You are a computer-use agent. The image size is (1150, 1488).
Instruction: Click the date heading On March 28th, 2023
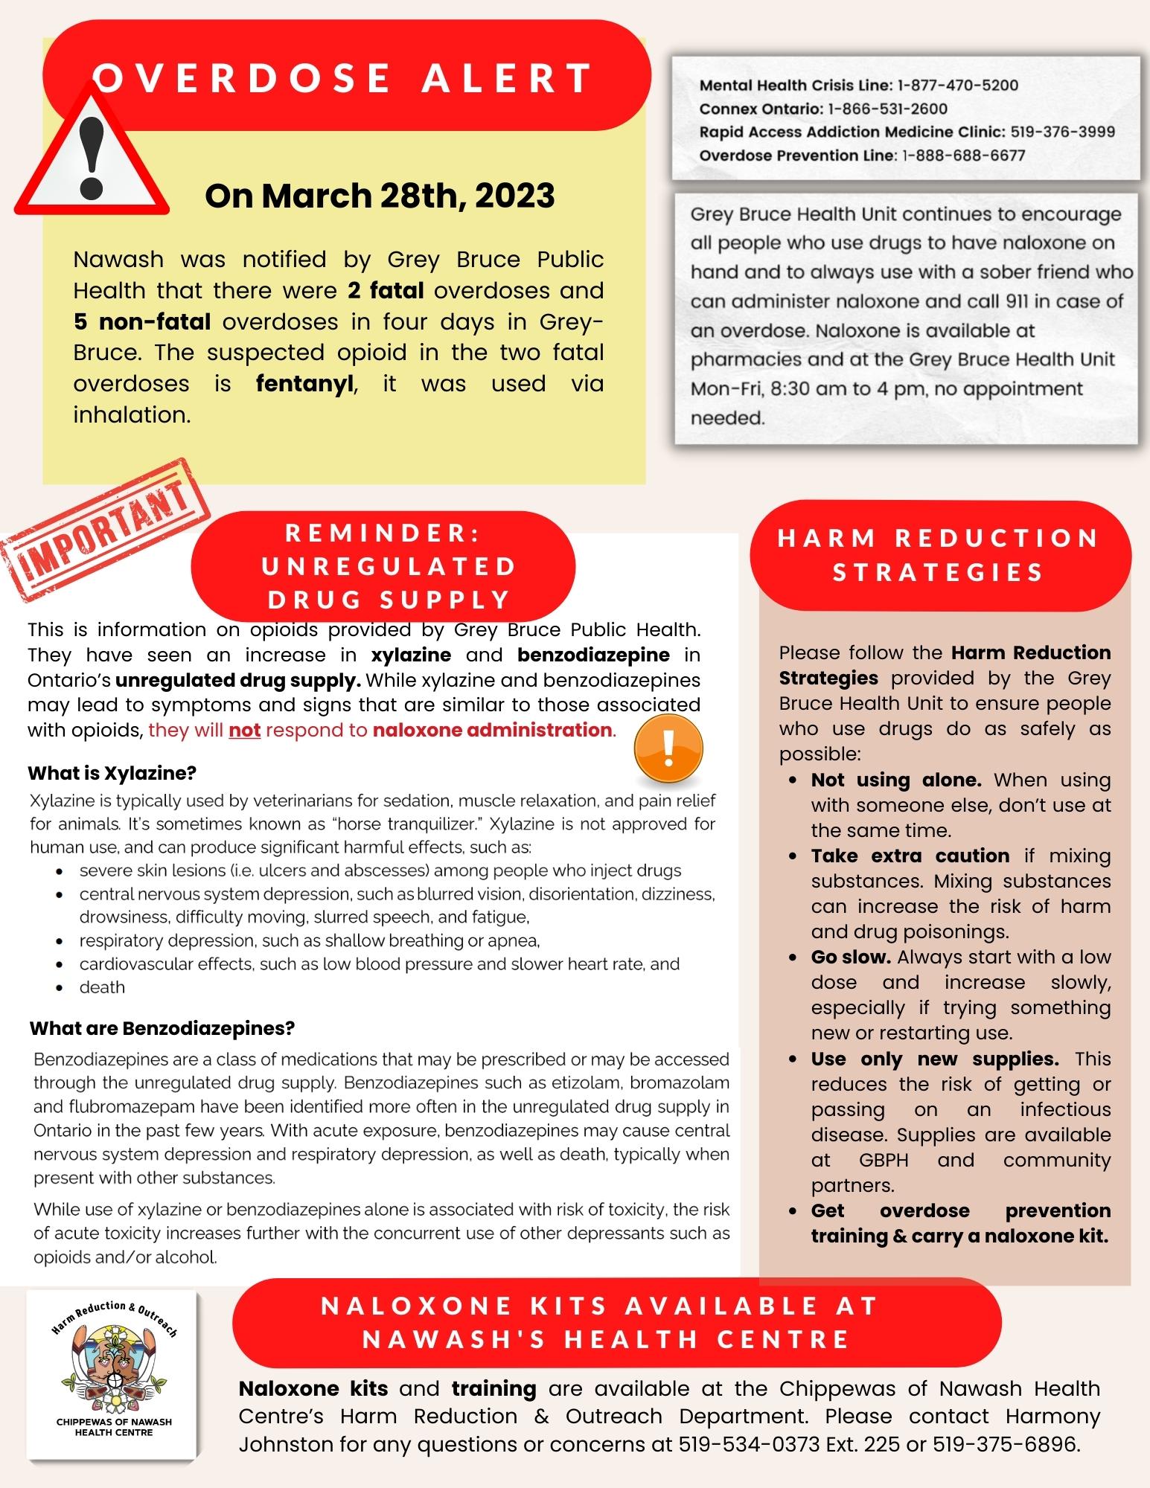[x=380, y=196]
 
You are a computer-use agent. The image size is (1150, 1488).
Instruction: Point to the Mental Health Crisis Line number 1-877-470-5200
[x=957, y=86]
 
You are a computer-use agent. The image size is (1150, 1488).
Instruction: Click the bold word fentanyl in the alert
[x=304, y=384]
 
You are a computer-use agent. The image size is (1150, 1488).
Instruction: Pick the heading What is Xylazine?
[x=112, y=773]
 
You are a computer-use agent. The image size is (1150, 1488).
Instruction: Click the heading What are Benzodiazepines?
[x=162, y=1028]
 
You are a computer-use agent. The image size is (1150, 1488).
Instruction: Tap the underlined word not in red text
[x=244, y=730]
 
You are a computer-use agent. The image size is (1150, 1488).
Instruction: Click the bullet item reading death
[x=102, y=987]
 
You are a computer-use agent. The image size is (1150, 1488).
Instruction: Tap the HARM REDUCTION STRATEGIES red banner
[x=939, y=555]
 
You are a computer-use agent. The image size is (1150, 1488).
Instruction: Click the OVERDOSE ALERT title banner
[x=343, y=77]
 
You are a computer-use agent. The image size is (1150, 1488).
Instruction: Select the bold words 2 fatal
[x=386, y=290]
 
